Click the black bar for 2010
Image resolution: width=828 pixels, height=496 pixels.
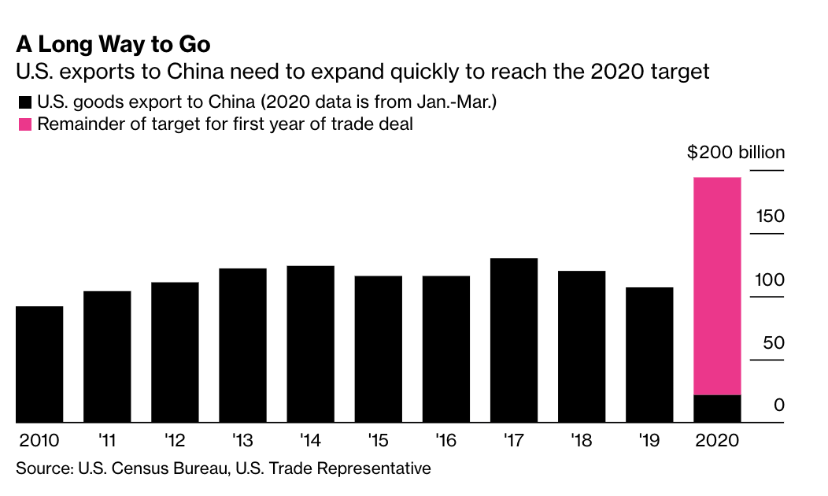click(39, 364)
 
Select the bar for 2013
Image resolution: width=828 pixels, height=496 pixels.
click(242, 345)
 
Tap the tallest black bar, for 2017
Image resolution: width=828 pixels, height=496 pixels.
click(513, 340)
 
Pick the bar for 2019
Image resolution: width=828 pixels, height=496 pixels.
click(649, 354)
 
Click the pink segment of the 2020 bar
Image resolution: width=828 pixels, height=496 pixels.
click(717, 285)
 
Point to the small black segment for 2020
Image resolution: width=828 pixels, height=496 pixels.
click(717, 409)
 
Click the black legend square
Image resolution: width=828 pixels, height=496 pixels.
click(24, 102)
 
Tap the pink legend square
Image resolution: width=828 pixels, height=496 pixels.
click(24, 124)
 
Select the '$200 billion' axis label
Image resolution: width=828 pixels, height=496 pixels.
click(735, 153)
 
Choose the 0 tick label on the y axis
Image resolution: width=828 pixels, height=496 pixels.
click(778, 405)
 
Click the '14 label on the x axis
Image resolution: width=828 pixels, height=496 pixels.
click(309, 439)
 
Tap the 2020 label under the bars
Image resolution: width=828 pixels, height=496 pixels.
click(717, 439)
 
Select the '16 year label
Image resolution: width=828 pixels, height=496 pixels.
click(445, 439)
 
